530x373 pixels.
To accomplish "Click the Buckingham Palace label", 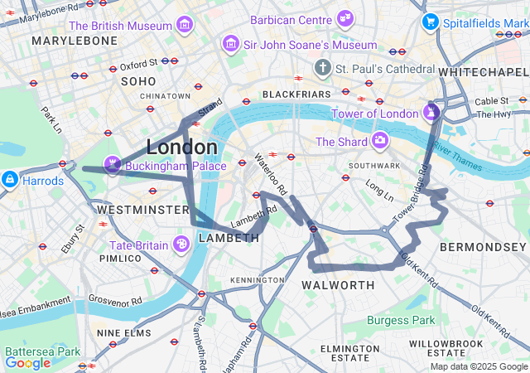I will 176,167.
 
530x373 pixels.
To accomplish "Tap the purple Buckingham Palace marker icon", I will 112,162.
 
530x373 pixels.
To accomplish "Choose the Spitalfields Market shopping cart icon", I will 430,21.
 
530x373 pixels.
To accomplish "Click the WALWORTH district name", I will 338,285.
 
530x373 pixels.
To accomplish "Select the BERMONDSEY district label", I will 484,248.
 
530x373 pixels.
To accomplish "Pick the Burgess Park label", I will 401,319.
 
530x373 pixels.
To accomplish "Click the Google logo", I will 27,362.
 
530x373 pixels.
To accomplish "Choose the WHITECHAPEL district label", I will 483,73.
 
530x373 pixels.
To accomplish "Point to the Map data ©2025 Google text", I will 478,366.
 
